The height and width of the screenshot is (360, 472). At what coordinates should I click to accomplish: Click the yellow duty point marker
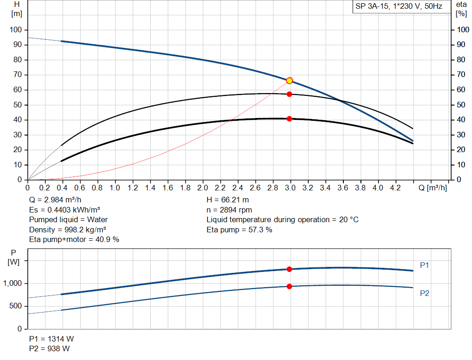click(x=289, y=81)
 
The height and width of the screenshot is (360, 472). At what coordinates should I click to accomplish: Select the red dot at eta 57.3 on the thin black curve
click(x=289, y=94)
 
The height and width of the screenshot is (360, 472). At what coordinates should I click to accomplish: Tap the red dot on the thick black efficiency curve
click(x=289, y=119)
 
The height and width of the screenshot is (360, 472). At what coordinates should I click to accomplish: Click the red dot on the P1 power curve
click(x=289, y=269)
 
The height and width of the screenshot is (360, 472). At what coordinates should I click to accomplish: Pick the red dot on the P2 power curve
click(x=289, y=286)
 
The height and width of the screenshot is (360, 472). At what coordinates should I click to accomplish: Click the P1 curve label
click(x=425, y=265)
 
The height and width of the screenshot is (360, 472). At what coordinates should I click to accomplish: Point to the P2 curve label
click(x=425, y=293)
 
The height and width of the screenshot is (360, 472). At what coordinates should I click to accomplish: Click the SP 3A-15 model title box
click(x=399, y=7)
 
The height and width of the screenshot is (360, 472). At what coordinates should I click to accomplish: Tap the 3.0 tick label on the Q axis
click(x=290, y=188)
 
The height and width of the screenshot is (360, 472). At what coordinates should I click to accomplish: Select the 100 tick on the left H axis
click(x=16, y=30)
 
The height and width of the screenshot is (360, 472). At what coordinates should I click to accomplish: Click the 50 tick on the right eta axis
click(x=462, y=105)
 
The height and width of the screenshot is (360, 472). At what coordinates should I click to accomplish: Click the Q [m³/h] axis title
click(x=432, y=188)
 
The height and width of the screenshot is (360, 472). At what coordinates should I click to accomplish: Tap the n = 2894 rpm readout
click(x=230, y=210)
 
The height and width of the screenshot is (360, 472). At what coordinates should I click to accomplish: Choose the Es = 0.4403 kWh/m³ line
click(x=65, y=210)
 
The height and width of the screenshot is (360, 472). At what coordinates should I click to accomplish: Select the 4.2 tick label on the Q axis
click(x=395, y=188)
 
